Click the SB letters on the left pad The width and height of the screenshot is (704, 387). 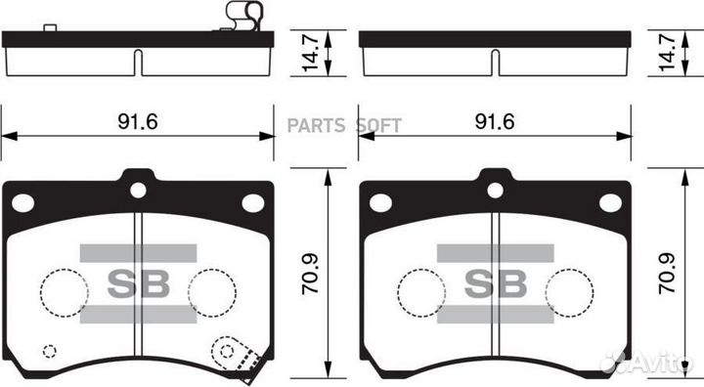(x=137, y=284)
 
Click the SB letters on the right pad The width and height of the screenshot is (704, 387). (x=495, y=284)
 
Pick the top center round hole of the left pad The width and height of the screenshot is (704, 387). (x=138, y=190)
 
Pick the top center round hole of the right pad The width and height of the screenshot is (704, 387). (x=496, y=190)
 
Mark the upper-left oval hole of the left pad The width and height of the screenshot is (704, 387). (x=22, y=202)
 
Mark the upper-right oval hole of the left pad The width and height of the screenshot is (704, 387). (x=252, y=202)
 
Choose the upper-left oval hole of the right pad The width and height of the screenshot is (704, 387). (x=380, y=202)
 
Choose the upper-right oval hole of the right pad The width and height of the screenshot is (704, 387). (x=610, y=202)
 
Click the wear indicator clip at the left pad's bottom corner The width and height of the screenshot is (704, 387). (x=235, y=354)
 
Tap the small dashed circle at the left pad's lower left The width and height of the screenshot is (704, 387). (x=50, y=351)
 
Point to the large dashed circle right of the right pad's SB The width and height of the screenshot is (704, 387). (x=569, y=290)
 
